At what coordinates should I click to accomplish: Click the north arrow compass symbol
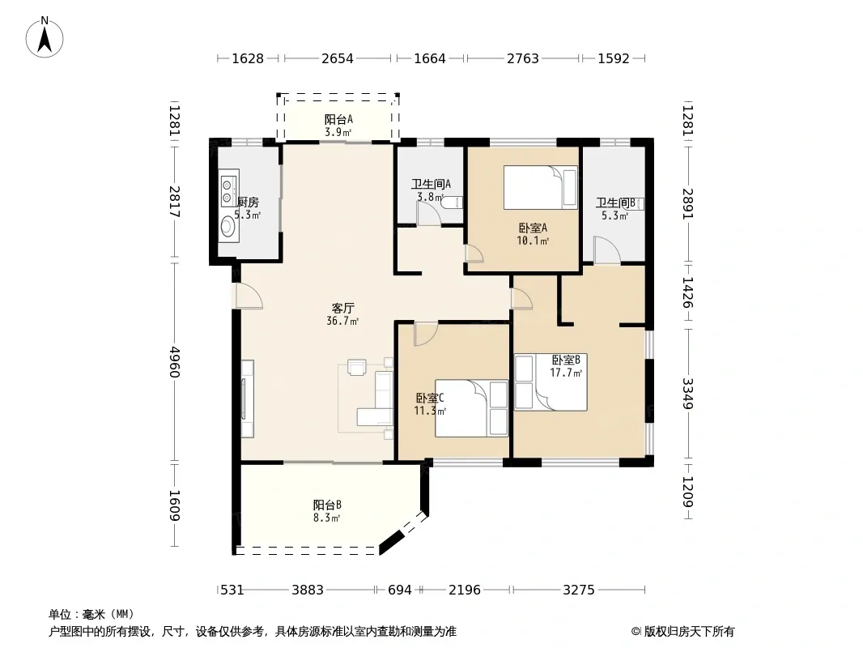coord(45,37)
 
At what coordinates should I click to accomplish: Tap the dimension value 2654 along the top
coord(338,58)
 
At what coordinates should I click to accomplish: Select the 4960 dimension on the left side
coord(175,361)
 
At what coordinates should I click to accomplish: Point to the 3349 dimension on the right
coord(687,393)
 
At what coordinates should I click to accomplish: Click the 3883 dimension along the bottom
coord(308,590)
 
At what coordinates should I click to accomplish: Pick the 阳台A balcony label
coord(338,119)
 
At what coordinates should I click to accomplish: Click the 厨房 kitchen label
coord(248,202)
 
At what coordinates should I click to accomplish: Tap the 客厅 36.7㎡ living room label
coord(342,314)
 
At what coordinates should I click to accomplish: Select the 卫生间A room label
coord(431,184)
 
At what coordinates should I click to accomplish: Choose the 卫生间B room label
coord(615,202)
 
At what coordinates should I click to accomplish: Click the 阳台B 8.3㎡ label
coord(327,511)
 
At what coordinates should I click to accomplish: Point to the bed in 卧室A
coord(541,188)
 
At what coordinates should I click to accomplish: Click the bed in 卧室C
coord(471,408)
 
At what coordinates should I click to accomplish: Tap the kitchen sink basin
coord(227,226)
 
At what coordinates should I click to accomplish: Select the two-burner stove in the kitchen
coord(227,190)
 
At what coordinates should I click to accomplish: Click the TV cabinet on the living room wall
coord(247,399)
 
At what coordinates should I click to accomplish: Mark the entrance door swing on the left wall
coord(249,296)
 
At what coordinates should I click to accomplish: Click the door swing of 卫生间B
coord(607,249)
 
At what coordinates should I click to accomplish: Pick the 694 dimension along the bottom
coord(400,590)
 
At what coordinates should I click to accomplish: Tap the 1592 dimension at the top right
coord(614,58)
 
